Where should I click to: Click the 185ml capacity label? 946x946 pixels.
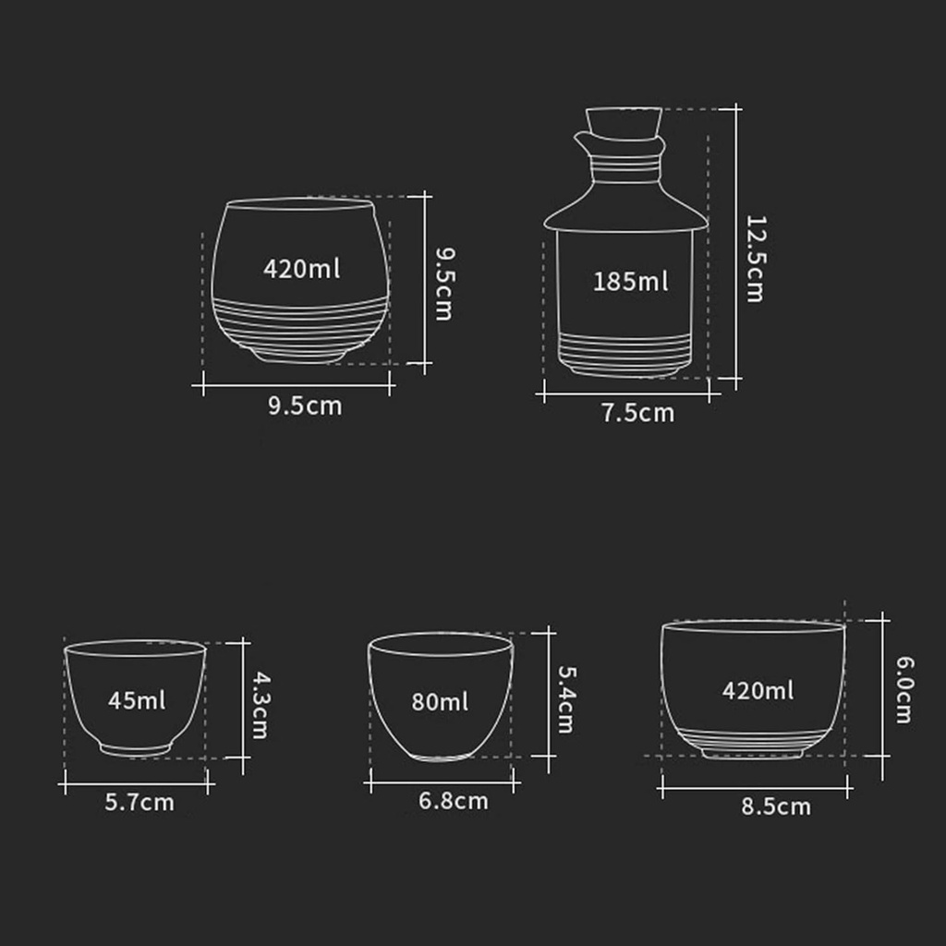click(630, 282)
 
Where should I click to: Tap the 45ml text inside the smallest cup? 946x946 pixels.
click(137, 700)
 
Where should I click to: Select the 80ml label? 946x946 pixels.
click(440, 702)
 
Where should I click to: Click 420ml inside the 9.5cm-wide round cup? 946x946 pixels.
click(301, 269)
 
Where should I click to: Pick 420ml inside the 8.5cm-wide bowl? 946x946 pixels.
click(758, 690)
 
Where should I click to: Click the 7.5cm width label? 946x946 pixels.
click(637, 413)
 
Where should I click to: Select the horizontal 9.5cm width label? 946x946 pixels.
click(305, 406)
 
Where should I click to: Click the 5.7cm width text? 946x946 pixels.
click(139, 802)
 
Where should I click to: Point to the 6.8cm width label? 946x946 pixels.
click(453, 801)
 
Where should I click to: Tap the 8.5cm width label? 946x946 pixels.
click(776, 807)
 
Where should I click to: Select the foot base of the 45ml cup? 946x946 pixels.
click(136, 748)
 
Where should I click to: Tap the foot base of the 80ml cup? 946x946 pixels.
click(440, 756)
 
